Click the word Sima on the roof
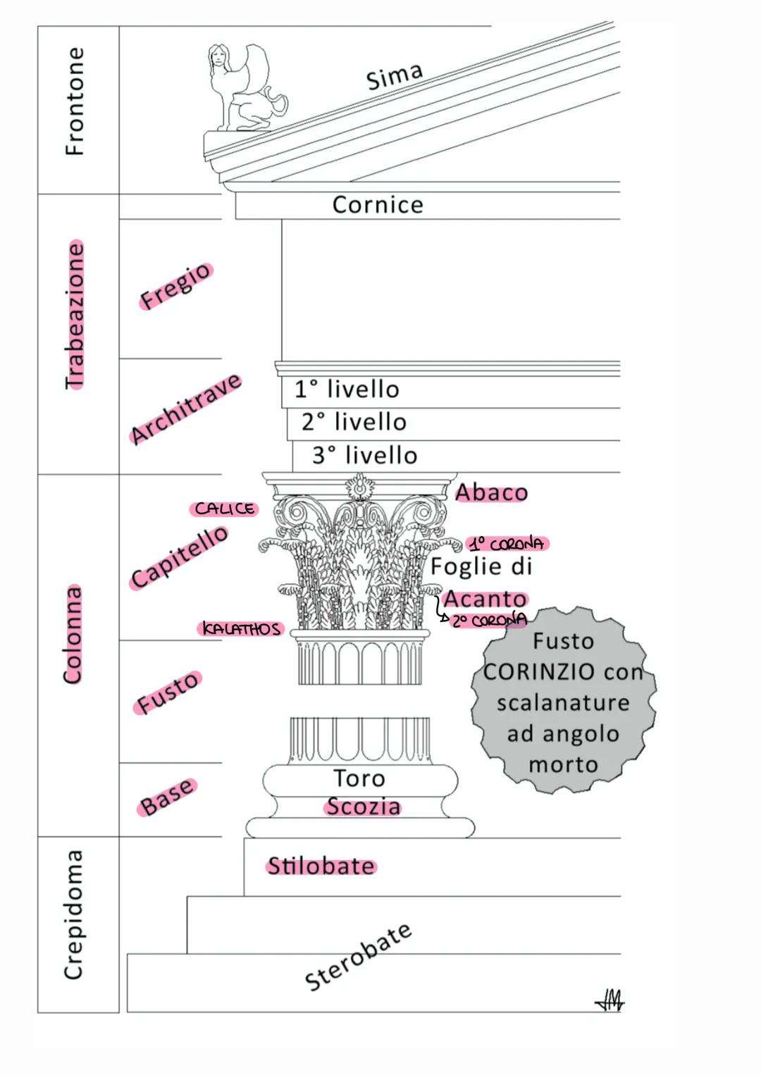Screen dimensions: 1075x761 pos(395,76)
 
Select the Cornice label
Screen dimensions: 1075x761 pos(378,205)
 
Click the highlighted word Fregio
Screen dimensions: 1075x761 pos(175,285)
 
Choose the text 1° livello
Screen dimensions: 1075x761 pos(347,389)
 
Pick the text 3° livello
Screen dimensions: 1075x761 pos(364,455)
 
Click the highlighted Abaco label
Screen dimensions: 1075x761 pos(491,492)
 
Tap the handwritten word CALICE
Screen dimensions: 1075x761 pos(224,509)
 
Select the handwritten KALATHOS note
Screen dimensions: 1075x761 pos(241,628)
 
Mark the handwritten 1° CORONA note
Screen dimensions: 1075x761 pos(507,544)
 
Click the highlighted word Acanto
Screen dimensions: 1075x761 pos(485,599)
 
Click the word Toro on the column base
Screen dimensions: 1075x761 pos(359,778)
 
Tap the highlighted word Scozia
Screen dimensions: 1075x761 pos(363,806)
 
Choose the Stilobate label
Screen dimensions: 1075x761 pos(321,866)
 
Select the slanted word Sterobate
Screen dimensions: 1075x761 pos(358,956)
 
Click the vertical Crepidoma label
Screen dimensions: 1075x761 pos(73,914)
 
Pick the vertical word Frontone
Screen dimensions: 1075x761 pos(74,101)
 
